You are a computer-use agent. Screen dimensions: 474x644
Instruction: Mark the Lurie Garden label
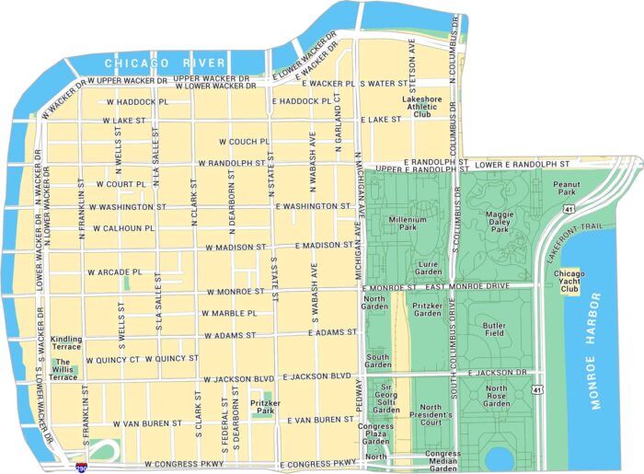click(428, 267)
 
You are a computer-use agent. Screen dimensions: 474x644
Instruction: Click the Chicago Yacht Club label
click(570, 281)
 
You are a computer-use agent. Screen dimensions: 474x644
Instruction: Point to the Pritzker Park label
click(265, 406)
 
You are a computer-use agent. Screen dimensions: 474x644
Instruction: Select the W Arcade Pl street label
click(115, 272)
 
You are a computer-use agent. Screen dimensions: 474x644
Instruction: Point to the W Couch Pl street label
click(243, 142)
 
